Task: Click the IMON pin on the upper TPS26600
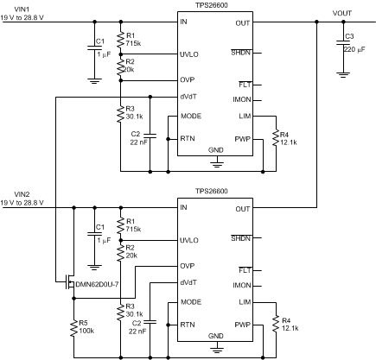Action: (x=242, y=99)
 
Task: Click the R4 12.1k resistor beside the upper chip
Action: (x=275, y=136)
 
